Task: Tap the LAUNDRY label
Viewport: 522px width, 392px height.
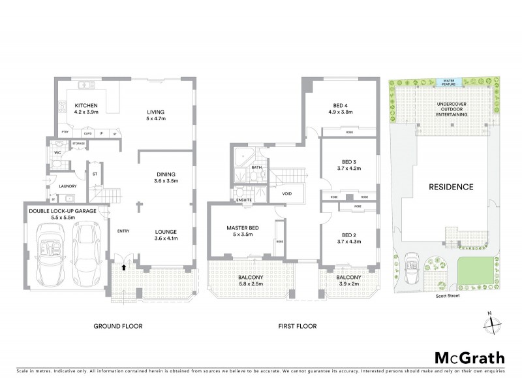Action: point(68,186)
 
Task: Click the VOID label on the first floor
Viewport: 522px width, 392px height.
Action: point(287,194)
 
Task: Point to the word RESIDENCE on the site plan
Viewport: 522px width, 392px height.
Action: point(450,187)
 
